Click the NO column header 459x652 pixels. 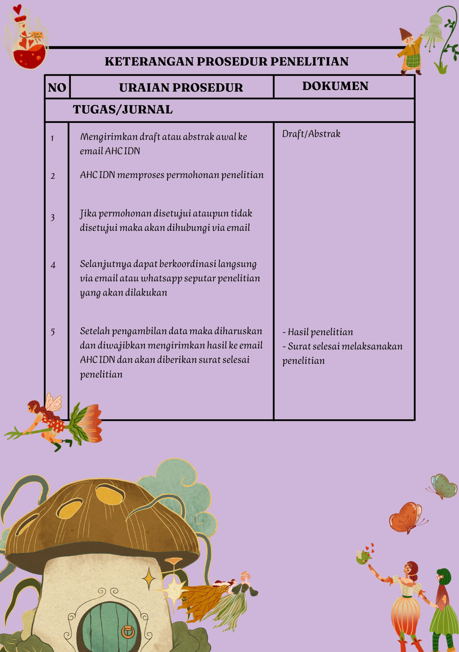coord(57,87)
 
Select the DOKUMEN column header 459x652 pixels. coord(335,86)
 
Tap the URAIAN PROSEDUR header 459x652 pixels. coord(181,87)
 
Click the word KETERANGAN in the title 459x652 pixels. coord(149,61)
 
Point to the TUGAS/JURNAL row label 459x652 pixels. coord(122,110)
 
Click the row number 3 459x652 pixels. coord(52,217)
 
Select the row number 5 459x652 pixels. coord(52,332)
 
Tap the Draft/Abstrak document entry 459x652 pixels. coord(311,134)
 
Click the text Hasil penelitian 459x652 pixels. coord(320,332)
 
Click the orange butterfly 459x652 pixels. coord(406,518)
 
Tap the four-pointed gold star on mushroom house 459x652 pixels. coord(149,579)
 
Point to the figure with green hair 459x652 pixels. coord(443,606)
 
